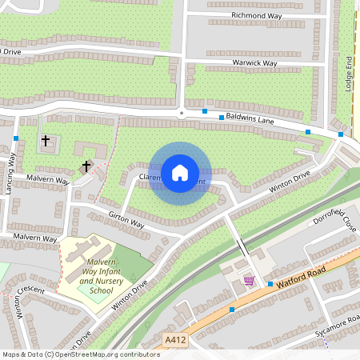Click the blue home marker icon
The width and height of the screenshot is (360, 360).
pyautogui.click(x=180, y=173)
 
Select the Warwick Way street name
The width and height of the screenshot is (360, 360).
pyautogui.click(x=254, y=62)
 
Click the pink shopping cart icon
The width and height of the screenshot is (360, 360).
pyautogui.click(x=250, y=280)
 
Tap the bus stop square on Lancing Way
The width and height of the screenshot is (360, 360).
pyautogui.click(x=16, y=138)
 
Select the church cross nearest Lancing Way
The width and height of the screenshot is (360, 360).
pyautogui.click(x=46, y=141)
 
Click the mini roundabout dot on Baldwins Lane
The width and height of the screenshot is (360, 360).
pyautogui.click(x=182, y=113)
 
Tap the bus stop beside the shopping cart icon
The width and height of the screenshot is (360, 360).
pyautogui.click(x=270, y=284)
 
